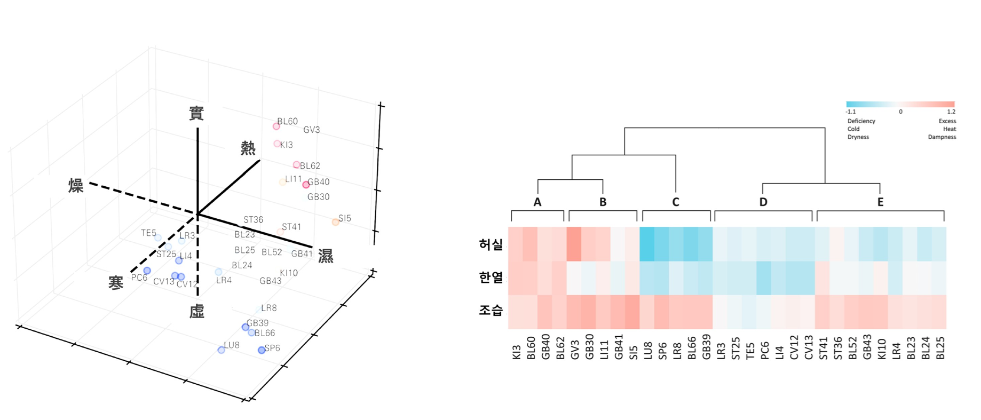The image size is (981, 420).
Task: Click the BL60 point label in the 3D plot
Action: click(287, 121)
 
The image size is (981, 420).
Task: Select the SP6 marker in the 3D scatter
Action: click(262, 350)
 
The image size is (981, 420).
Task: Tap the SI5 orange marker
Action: click(335, 222)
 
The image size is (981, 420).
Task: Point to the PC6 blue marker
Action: click(147, 271)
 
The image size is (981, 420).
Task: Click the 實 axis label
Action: click(196, 114)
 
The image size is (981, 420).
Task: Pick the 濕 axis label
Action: click(326, 256)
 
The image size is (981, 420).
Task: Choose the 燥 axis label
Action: click(76, 186)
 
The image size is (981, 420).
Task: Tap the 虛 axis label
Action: click(197, 312)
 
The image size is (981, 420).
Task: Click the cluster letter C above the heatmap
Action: click(675, 202)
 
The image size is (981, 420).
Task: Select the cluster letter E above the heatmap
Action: click(880, 202)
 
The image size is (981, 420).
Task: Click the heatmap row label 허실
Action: click(490, 244)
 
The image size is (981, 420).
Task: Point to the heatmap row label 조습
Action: click(490, 310)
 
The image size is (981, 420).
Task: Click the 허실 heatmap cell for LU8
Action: click(647, 244)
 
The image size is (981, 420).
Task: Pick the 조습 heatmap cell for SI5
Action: click(633, 312)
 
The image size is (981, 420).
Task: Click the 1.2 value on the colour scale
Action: click(951, 112)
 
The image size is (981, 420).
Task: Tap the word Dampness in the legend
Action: click(942, 137)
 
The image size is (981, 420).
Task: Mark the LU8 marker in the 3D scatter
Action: click(221, 350)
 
